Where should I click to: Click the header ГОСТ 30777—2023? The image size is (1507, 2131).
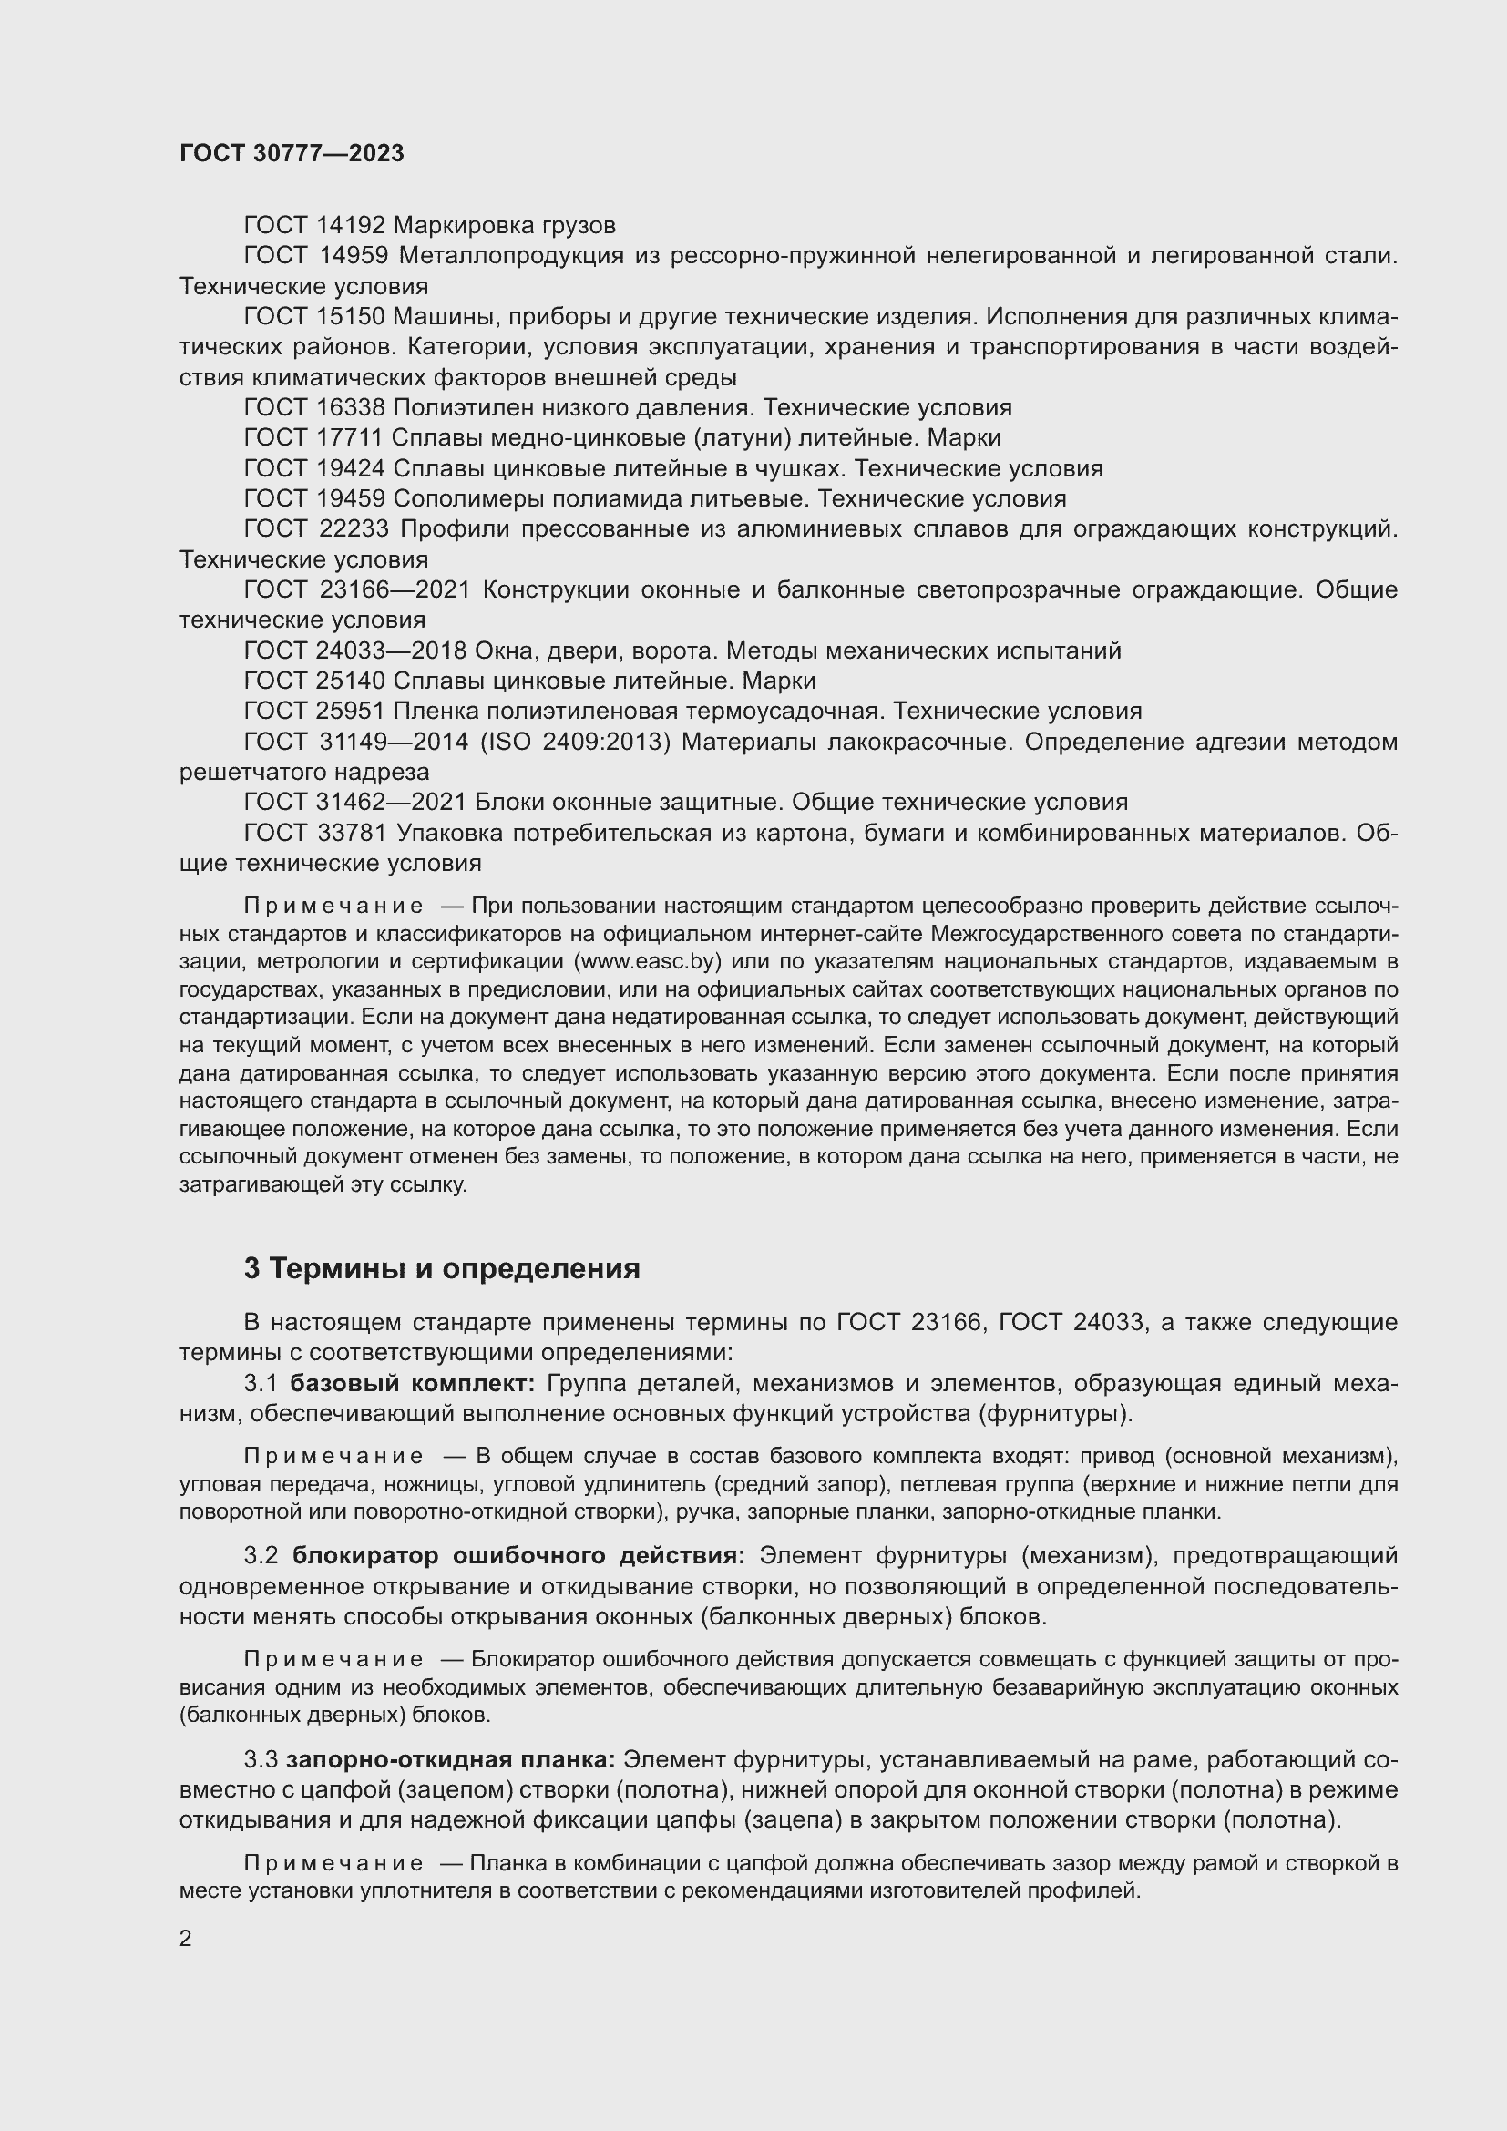click(x=292, y=153)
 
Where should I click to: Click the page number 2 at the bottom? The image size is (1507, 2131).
click(x=186, y=1938)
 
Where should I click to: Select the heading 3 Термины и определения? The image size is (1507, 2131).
click(x=442, y=1269)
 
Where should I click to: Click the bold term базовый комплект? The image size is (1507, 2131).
click(x=412, y=1384)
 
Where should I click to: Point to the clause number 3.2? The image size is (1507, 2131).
click(x=261, y=1556)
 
